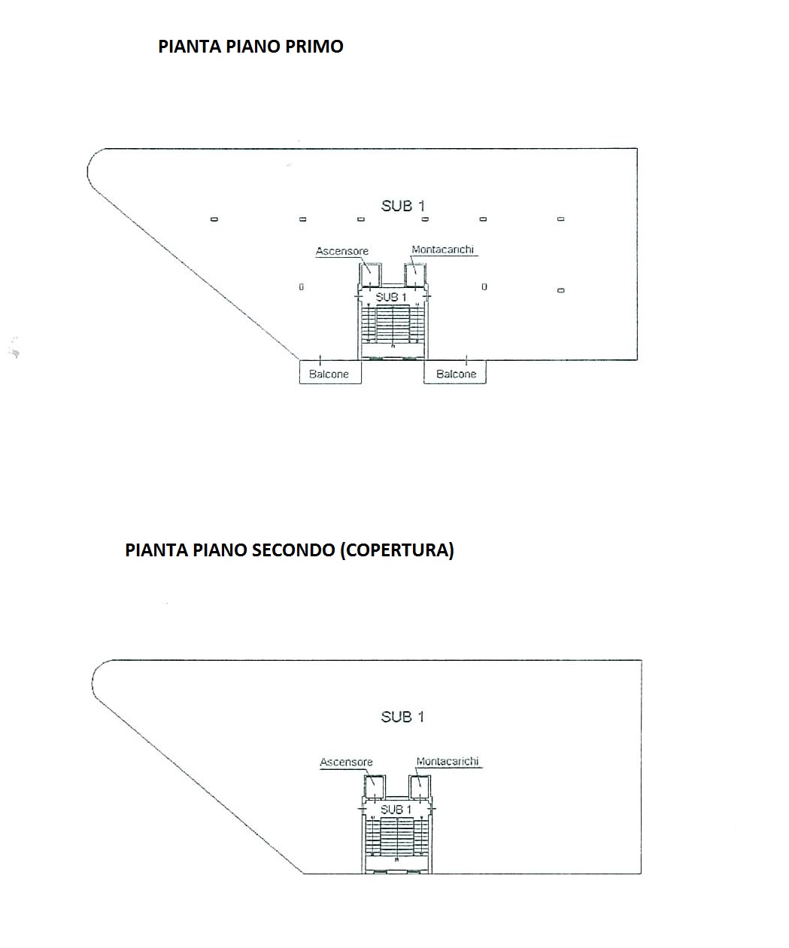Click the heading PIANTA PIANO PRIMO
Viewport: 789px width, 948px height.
[250, 47]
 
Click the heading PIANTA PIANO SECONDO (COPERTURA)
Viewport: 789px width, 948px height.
[290, 550]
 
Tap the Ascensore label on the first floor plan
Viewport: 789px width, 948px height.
[342, 251]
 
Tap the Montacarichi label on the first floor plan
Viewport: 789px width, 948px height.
[442, 250]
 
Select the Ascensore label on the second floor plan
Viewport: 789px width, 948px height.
[346, 762]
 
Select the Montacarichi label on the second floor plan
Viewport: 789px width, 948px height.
[448, 761]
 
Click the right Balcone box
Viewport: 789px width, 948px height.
[455, 372]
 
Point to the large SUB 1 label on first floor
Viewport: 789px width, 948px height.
[403, 206]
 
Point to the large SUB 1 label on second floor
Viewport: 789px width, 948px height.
[403, 717]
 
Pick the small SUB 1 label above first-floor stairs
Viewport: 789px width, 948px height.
[390, 298]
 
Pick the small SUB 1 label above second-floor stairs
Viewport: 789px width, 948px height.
[396, 810]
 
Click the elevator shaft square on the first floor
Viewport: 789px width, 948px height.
[370, 274]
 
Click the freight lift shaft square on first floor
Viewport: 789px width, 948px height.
[415, 274]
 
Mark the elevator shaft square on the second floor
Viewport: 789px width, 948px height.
[375, 786]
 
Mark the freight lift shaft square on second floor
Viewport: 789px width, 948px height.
[420, 786]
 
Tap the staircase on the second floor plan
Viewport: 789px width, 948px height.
[397, 837]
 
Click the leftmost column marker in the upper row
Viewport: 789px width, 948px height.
[214, 220]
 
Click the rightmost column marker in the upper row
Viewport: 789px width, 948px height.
[561, 219]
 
